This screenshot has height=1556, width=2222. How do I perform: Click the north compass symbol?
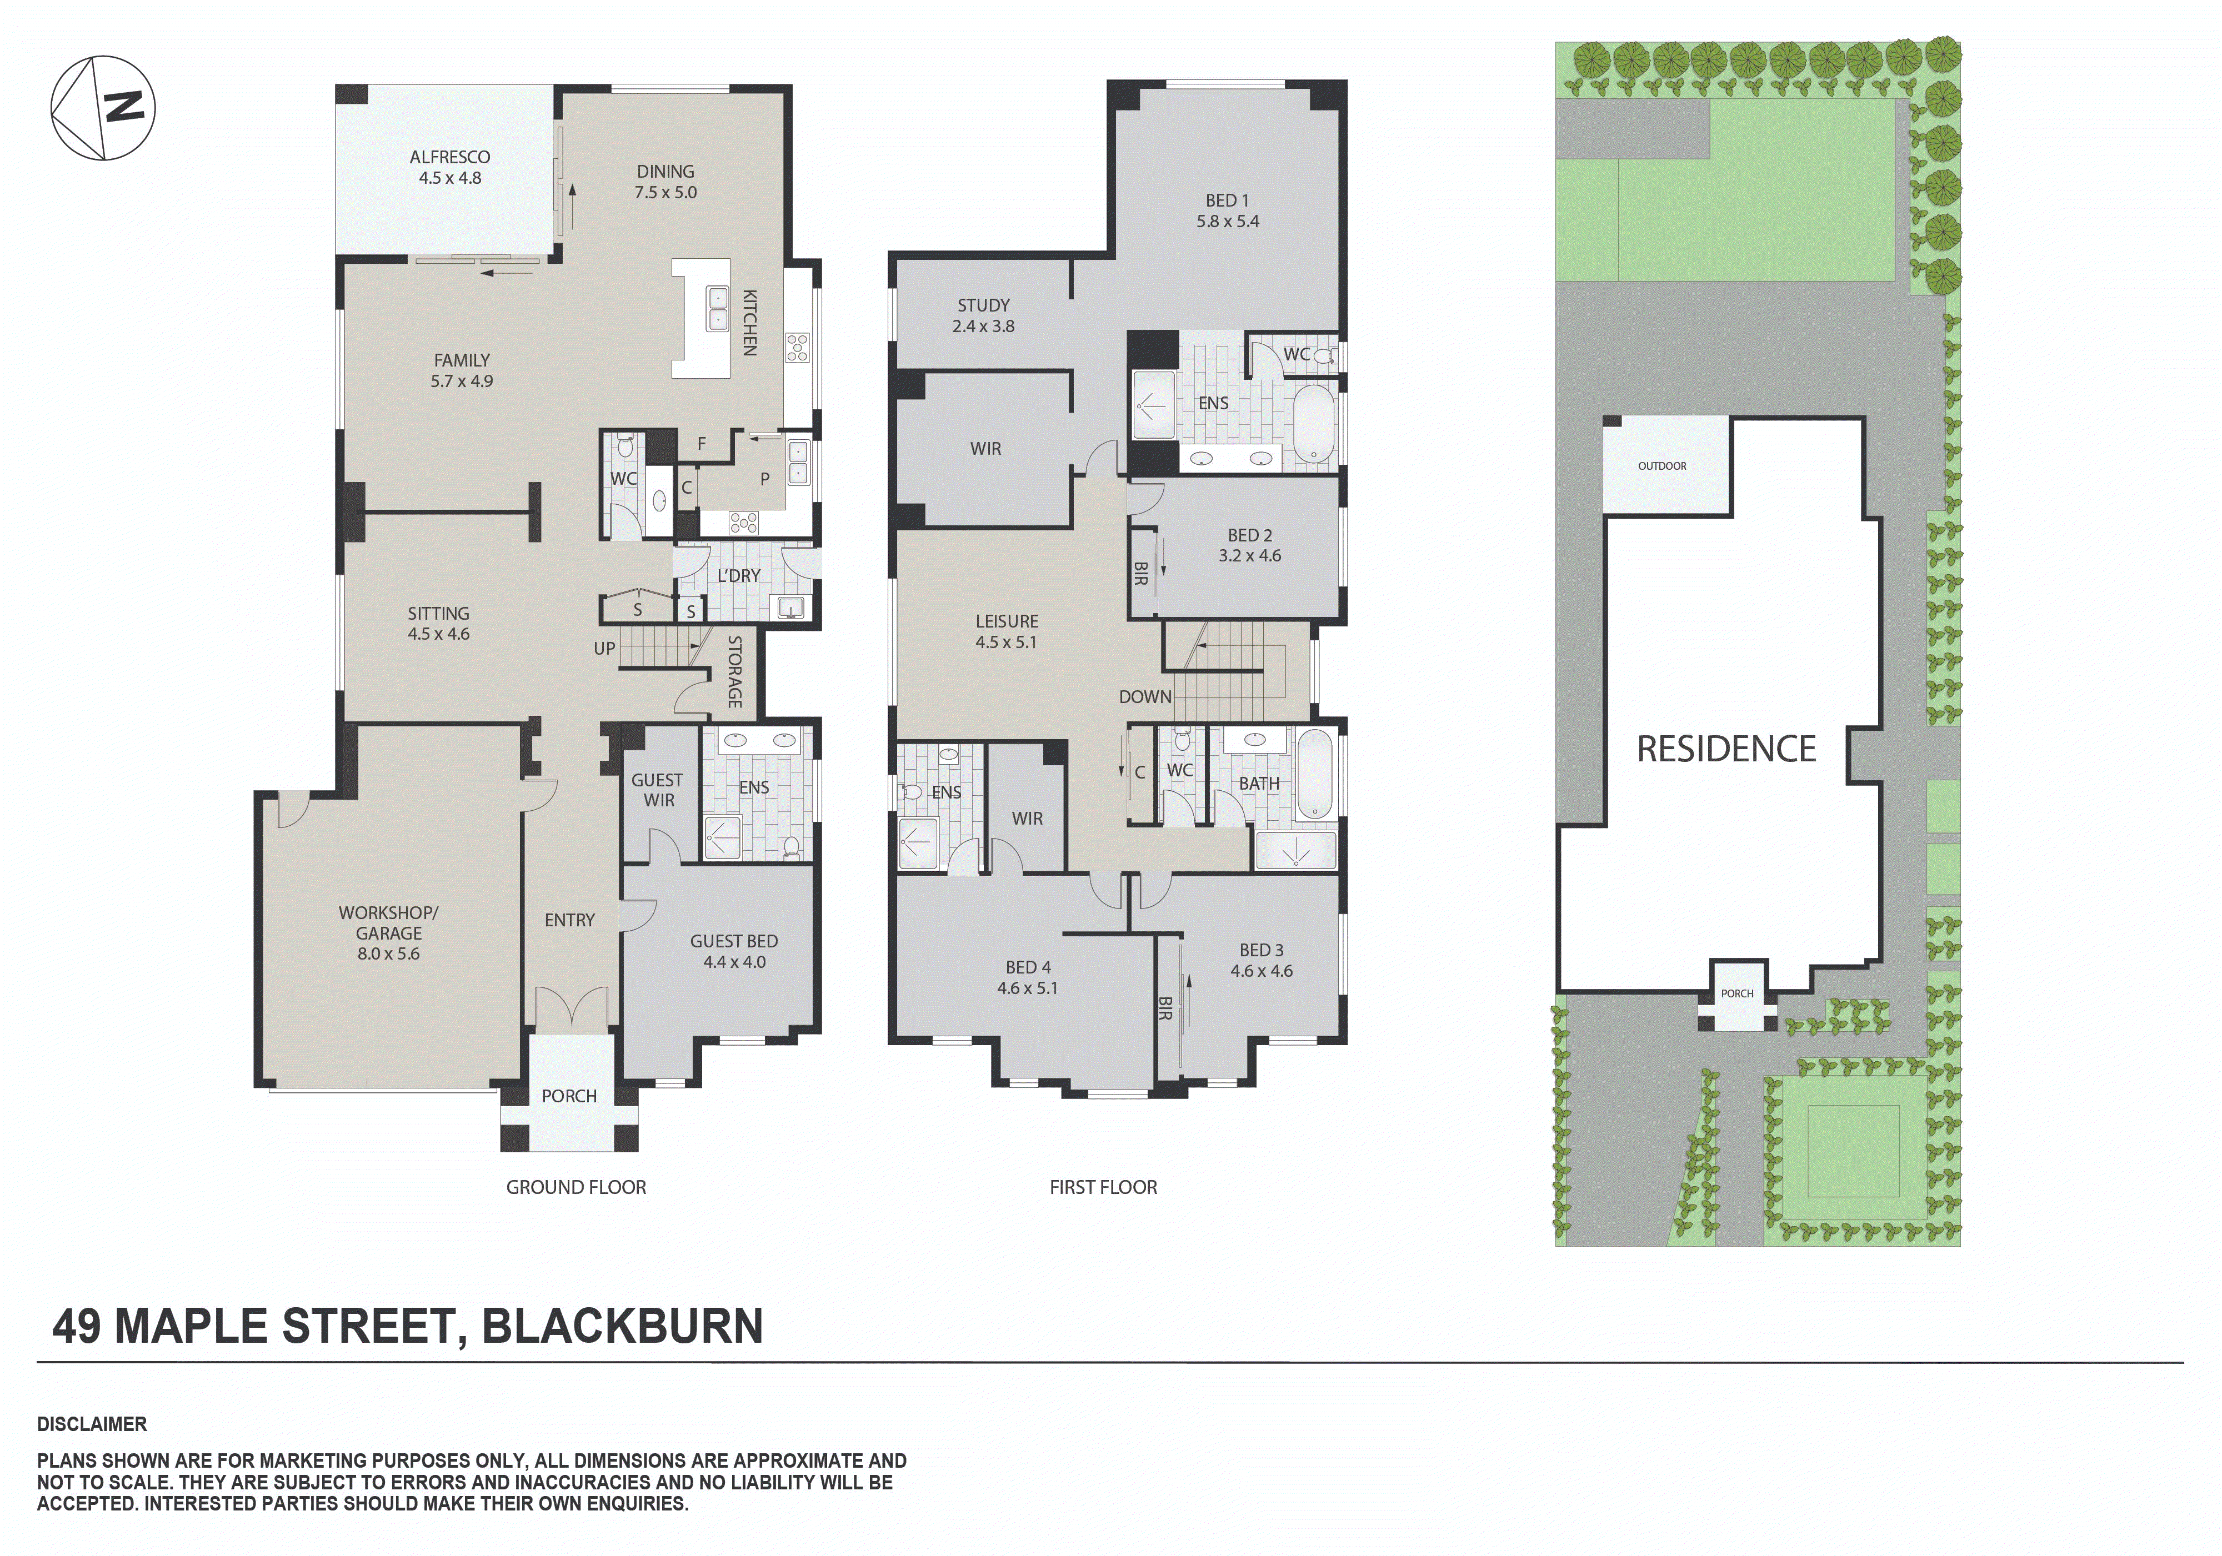[x=103, y=107]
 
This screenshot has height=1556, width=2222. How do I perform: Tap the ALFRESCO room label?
[x=449, y=167]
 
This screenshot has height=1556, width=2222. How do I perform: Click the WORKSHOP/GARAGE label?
[x=388, y=933]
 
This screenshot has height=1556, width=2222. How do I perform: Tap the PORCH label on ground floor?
[x=569, y=1096]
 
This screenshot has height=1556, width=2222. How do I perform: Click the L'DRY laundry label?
[x=738, y=576]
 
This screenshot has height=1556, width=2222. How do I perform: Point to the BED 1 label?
[x=1227, y=210]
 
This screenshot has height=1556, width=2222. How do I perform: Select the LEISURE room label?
[x=1007, y=631]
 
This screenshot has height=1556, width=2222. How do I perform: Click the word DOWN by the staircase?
[x=1145, y=697]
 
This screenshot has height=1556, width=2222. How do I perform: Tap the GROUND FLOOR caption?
[x=576, y=1187]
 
